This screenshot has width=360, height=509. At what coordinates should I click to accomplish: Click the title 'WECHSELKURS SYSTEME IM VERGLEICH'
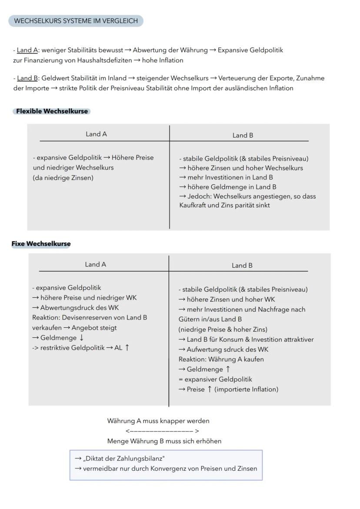76,21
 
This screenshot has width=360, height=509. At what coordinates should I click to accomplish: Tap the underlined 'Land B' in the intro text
27,79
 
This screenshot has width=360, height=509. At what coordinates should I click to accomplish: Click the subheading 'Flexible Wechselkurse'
52,111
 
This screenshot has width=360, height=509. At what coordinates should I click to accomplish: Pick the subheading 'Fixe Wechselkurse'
41,244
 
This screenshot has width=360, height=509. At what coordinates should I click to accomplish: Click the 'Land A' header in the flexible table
96,134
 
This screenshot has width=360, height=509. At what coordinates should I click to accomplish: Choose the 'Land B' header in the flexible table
243,136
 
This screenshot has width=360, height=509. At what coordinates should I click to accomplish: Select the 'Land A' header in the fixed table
95,265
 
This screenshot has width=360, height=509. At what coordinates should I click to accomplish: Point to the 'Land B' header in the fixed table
242,266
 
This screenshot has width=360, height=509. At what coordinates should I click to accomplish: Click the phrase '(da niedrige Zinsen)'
63,178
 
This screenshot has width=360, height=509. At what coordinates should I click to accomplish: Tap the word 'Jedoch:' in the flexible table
199,196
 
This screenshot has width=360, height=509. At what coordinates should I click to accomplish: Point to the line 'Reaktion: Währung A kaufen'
221,359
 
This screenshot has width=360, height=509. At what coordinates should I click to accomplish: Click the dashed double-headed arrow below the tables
162,431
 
